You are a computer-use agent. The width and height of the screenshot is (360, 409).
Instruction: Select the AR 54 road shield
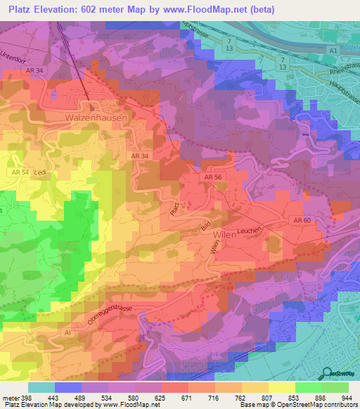pyautogui.click(x=20, y=172)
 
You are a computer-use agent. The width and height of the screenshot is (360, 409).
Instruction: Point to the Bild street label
pyautogui.click(x=206, y=227)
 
